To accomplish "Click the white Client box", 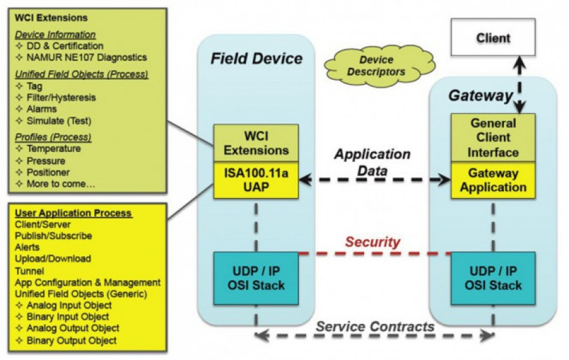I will tap(494, 38).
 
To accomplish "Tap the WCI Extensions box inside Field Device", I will tap(256, 143).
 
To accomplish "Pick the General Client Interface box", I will tap(493, 137).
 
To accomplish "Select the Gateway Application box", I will tap(493, 180).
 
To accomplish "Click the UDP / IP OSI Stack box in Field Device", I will tap(256, 278).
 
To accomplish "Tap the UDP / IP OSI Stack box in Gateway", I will tap(493, 278).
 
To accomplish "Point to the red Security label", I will tap(372, 242).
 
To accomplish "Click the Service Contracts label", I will tap(375, 326).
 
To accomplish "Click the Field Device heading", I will tap(257, 59).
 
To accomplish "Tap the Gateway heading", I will tap(480, 96).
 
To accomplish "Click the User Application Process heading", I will tap(73, 213).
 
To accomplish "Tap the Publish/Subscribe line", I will tap(53, 236).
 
